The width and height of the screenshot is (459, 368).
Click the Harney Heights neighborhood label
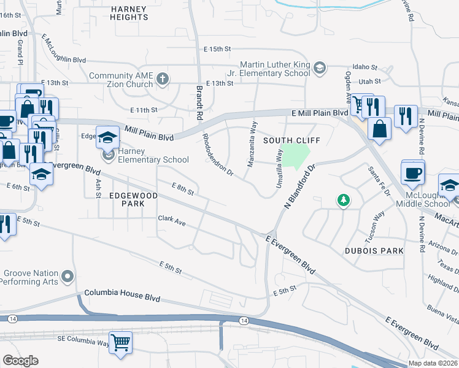[129, 13]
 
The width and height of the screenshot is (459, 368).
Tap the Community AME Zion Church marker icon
[162, 78]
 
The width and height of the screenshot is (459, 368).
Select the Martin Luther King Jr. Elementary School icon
[319, 67]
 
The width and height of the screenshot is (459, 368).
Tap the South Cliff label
[283, 140]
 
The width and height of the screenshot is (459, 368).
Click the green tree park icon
[344, 200]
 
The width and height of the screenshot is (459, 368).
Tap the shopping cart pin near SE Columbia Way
[120, 342]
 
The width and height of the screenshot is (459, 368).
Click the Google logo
[20, 361]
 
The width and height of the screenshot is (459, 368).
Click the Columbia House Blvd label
[122, 297]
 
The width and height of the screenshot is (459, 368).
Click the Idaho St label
[364, 67]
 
